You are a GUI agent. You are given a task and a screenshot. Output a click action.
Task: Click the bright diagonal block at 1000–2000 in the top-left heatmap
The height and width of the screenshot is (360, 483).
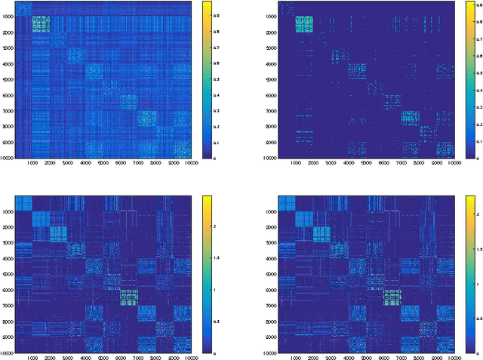(41, 24)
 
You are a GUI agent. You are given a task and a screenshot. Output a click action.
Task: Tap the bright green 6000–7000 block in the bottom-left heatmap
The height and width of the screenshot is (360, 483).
(128, 297)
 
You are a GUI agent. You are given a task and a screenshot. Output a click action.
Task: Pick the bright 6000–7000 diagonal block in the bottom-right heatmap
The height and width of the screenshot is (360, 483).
(392, 297)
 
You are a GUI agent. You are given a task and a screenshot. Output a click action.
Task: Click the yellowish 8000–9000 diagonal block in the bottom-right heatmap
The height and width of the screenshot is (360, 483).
(428, 329)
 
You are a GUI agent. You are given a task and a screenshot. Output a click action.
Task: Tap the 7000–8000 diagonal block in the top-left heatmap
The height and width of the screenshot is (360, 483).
(146, 118)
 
